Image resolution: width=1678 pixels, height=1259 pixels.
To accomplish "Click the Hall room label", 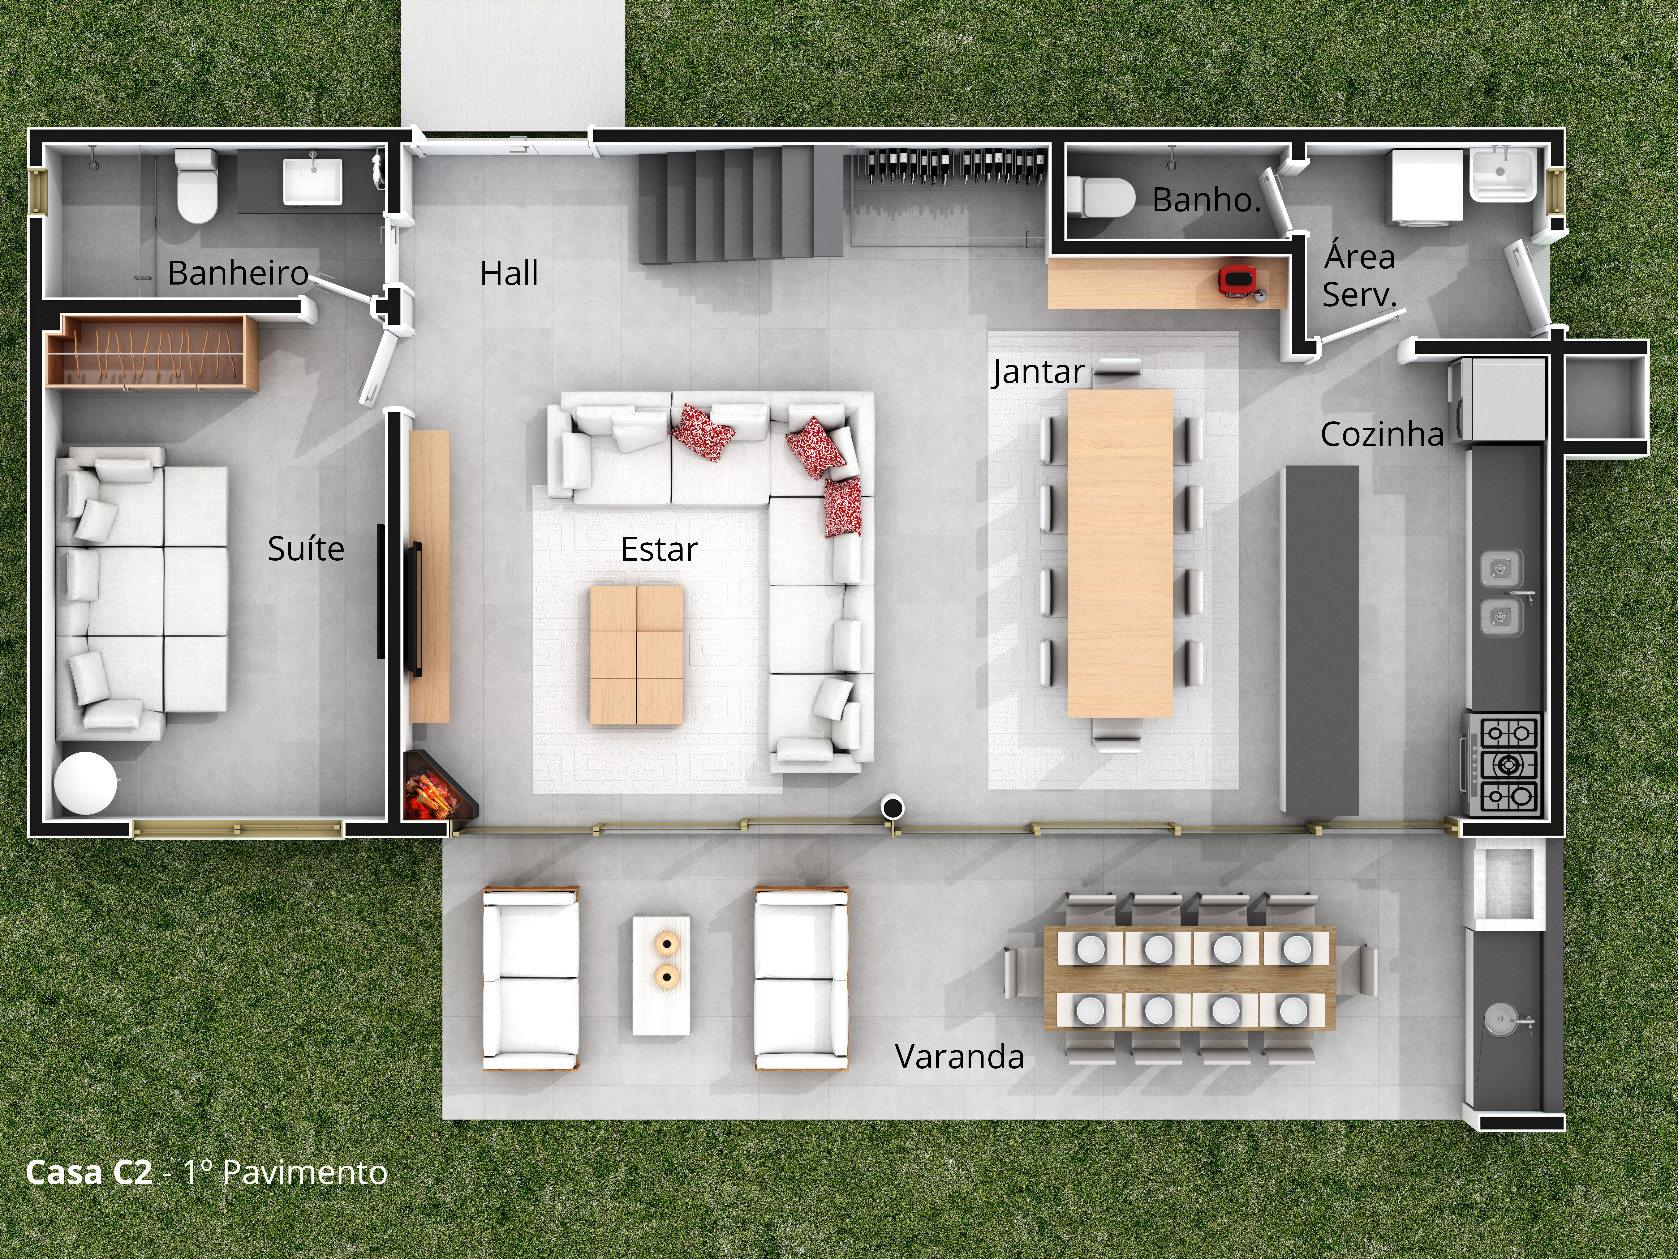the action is [x=509, y=273].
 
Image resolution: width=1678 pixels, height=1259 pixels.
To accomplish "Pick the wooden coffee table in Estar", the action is [x=636, y=655].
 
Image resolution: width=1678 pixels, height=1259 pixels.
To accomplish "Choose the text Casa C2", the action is [x=89, y=1173].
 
